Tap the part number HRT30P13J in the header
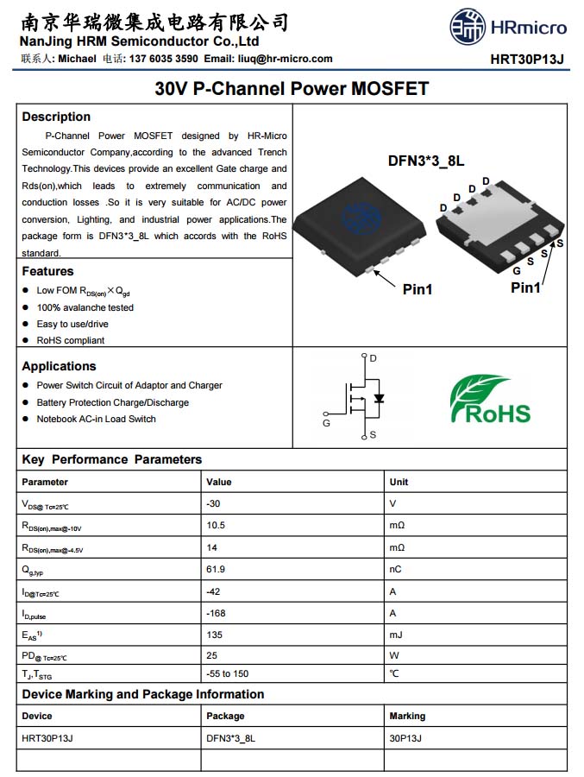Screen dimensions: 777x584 pos(526,60)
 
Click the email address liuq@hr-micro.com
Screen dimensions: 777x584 pos(285,59)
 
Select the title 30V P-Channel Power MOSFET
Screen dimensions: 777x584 pos(292,88)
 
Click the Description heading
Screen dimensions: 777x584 pos(56,117)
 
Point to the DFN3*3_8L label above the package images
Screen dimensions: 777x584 pos(426,161)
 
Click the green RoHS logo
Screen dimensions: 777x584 pos(491,400)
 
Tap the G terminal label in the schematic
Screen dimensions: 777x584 pos(326,423)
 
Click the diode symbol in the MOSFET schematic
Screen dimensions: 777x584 pos(378,399)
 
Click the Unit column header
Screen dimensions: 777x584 pos(399,482)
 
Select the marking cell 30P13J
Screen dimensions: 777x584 pos(405,738)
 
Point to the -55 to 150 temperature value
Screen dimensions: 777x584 pos(228,673)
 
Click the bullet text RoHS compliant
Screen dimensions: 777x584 pos(70,340)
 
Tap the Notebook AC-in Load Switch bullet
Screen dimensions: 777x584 pos(96,419)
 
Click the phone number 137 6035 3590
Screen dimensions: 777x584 pos(163,59)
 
